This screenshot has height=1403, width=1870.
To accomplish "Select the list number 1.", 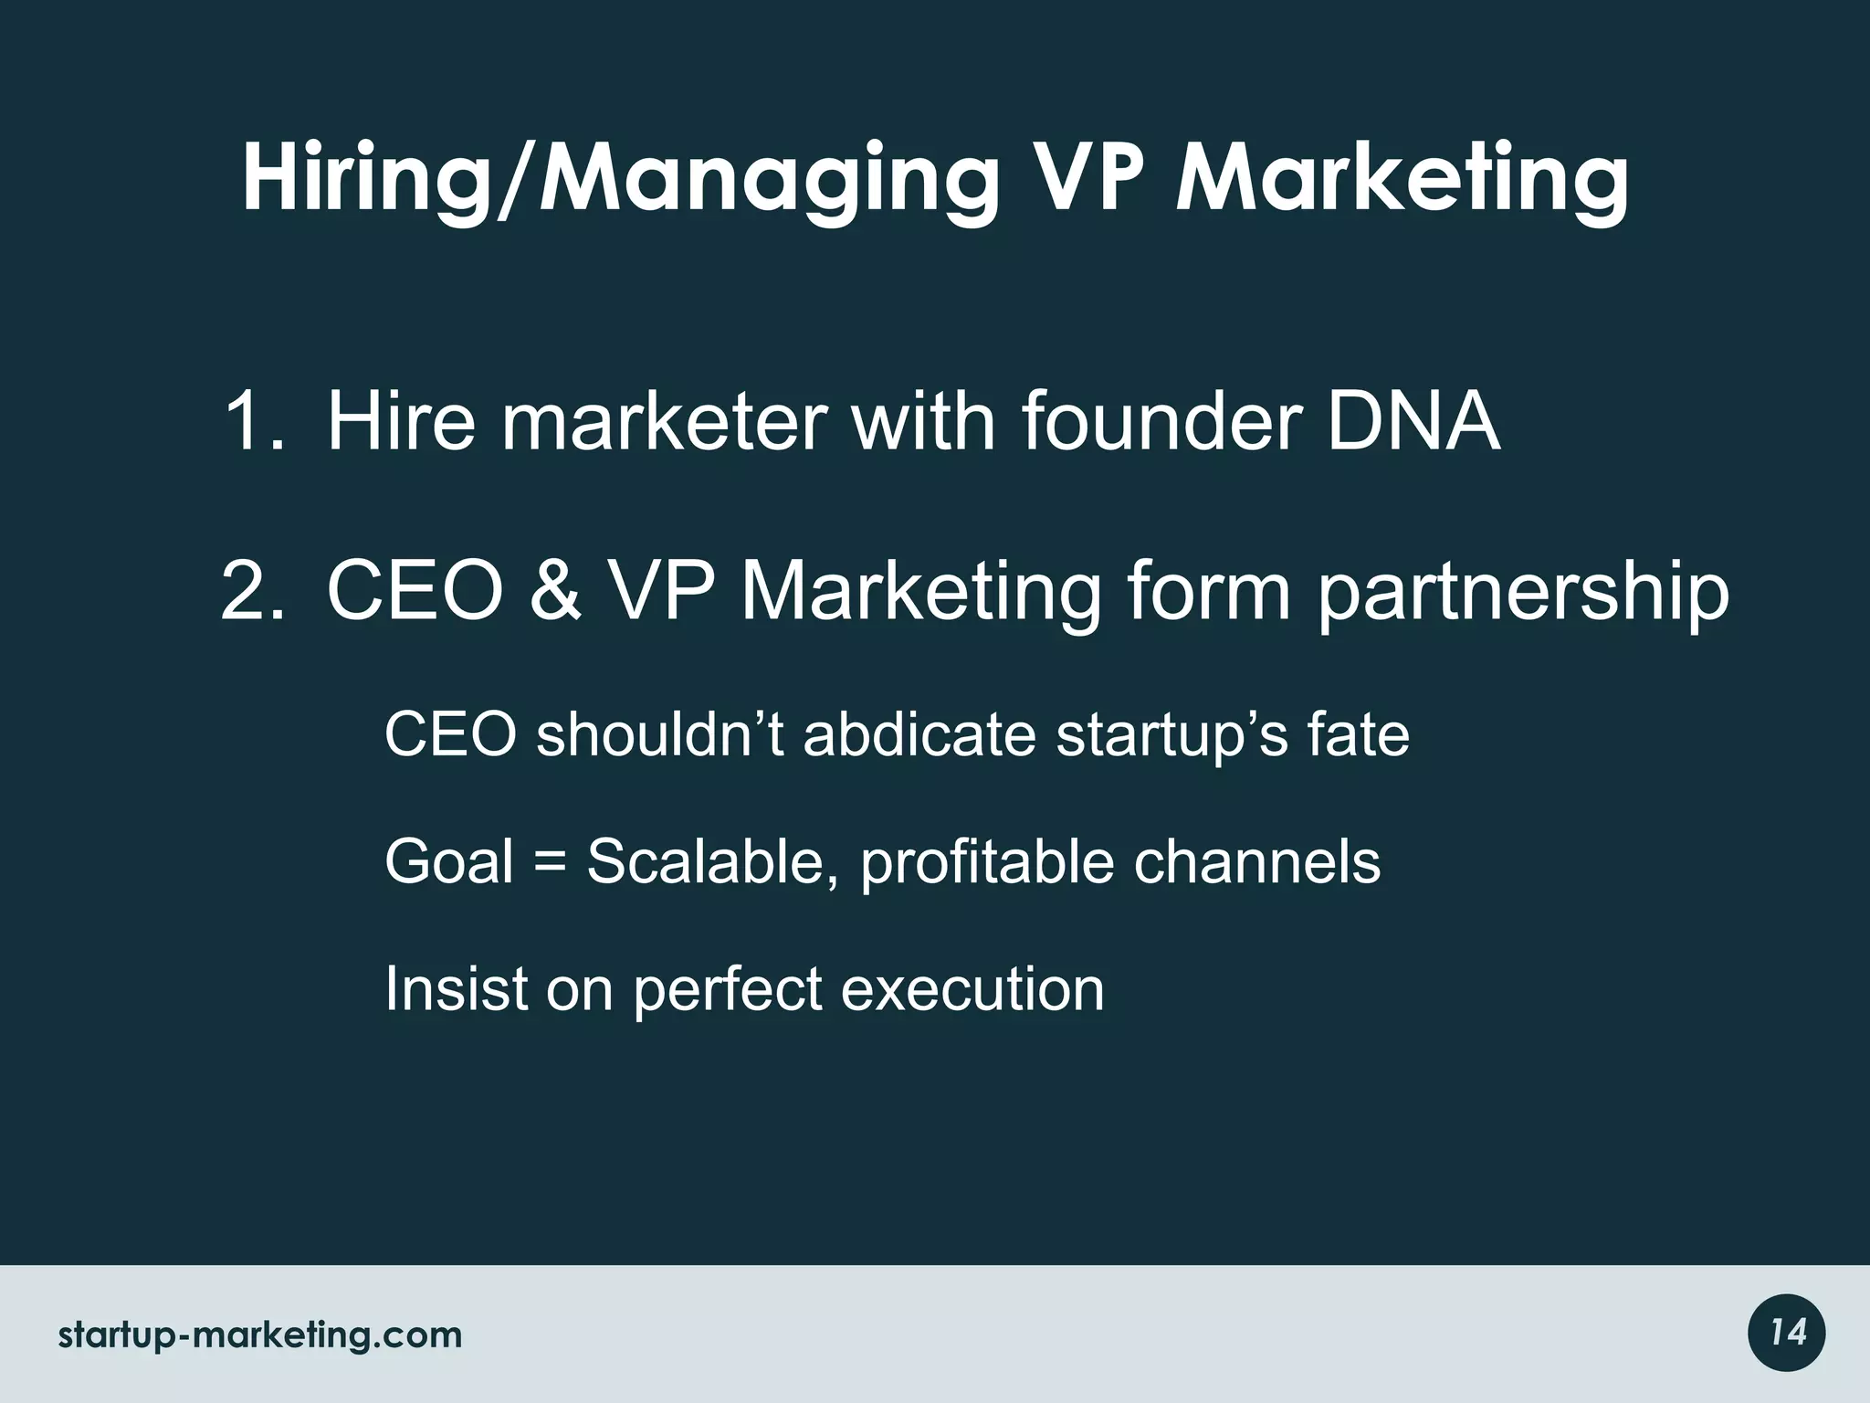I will pos(251,421).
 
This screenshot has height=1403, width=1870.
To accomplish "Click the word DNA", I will pos(1413,421).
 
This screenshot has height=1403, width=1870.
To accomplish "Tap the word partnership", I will pos(1522,594).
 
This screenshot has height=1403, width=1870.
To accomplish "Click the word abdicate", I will pos(919,734).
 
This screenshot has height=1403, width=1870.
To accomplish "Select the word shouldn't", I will pos(659,734).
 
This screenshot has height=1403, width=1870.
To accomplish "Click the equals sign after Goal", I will pos(550,862).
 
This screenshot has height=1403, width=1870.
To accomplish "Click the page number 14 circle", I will pos(1787,1334).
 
